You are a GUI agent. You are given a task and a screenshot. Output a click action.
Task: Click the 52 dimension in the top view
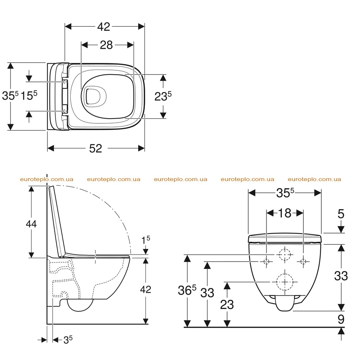(x=96, y=149)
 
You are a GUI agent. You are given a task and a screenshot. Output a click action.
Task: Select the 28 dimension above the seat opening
(x=106, y=45)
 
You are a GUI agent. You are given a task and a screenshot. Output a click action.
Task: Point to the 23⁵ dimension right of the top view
(x=163, y=96)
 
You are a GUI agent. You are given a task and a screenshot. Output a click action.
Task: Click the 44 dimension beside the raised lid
(x=31, y=224)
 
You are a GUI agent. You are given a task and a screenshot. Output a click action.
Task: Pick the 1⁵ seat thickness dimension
(x=146, y=240)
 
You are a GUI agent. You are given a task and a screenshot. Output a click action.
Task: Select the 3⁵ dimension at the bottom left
(x=68, y=340)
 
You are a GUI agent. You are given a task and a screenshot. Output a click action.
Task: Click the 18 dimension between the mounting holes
(x=285, y=213)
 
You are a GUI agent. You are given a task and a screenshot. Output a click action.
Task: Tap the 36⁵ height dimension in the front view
(x=187, y=290)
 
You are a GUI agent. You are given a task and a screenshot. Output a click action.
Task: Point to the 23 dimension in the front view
(x=227, y=305)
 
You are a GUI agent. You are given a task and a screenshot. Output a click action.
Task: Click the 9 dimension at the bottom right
(x=341, y=319)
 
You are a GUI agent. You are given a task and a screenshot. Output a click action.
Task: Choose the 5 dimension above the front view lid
(x=341, y=214)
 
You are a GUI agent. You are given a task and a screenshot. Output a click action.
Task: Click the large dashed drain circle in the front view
(x=285, y=282)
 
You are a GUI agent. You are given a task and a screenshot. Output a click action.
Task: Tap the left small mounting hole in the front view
(x=266, y=262)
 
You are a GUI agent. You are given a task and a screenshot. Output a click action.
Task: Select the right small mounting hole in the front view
(x=303, y=262)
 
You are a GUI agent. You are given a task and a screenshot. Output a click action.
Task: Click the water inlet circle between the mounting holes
(x=285, y=255)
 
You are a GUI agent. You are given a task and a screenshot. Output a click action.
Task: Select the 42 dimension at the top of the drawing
(x=104, y=27)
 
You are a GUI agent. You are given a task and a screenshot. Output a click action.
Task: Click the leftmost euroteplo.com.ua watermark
(x=47, y=179)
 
